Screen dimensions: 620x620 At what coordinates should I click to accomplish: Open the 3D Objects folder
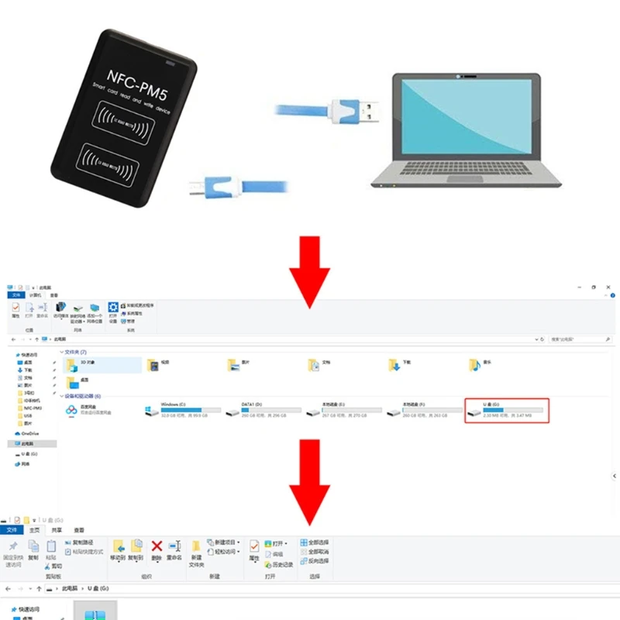click(x=74, y=363)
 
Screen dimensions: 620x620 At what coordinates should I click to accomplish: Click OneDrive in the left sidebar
click(x=29, y=433)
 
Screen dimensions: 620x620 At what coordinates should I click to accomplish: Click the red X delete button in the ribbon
click(x=157, y=548)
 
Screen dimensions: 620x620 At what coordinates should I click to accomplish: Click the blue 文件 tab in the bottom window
click(x=12, y=530)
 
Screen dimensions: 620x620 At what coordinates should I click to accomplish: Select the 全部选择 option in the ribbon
click(x=318, y=542)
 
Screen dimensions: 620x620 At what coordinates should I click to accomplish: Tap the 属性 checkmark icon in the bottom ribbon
click(x=253, y=547)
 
